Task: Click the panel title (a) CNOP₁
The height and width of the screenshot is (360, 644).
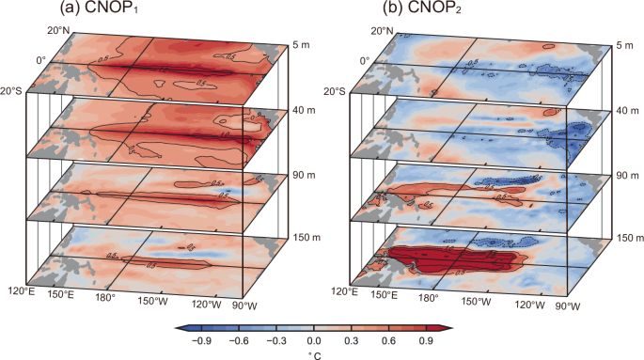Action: pyautogui.click(x=87, y=11)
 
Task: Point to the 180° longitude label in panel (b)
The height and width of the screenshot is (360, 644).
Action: pyautogui.click(x=429, y=299)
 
